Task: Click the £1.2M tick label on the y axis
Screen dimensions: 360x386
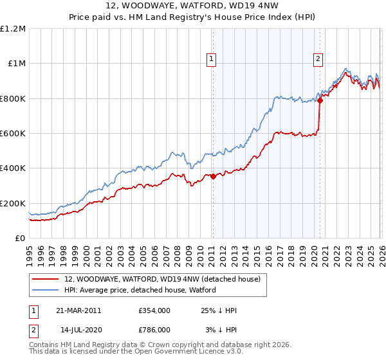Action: tap(13, 29)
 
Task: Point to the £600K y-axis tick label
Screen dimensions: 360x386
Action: tap(13, 134)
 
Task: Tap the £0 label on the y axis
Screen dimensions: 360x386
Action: tap(21, 239)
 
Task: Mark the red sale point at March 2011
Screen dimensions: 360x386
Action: tap(213, 177)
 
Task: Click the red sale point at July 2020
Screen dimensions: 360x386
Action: tap(320, 101)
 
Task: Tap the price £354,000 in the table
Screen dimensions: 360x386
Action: tap(154, 310)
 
